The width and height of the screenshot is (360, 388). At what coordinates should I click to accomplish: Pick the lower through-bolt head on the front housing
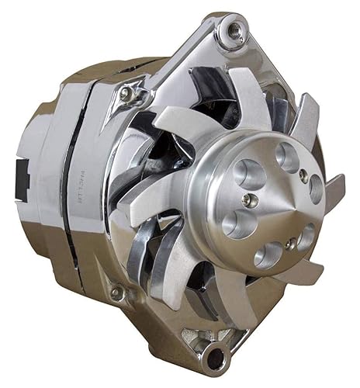117,293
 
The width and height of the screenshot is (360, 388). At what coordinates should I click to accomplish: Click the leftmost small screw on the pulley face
246,199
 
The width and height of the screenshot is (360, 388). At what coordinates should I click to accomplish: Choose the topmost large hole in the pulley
288,158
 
